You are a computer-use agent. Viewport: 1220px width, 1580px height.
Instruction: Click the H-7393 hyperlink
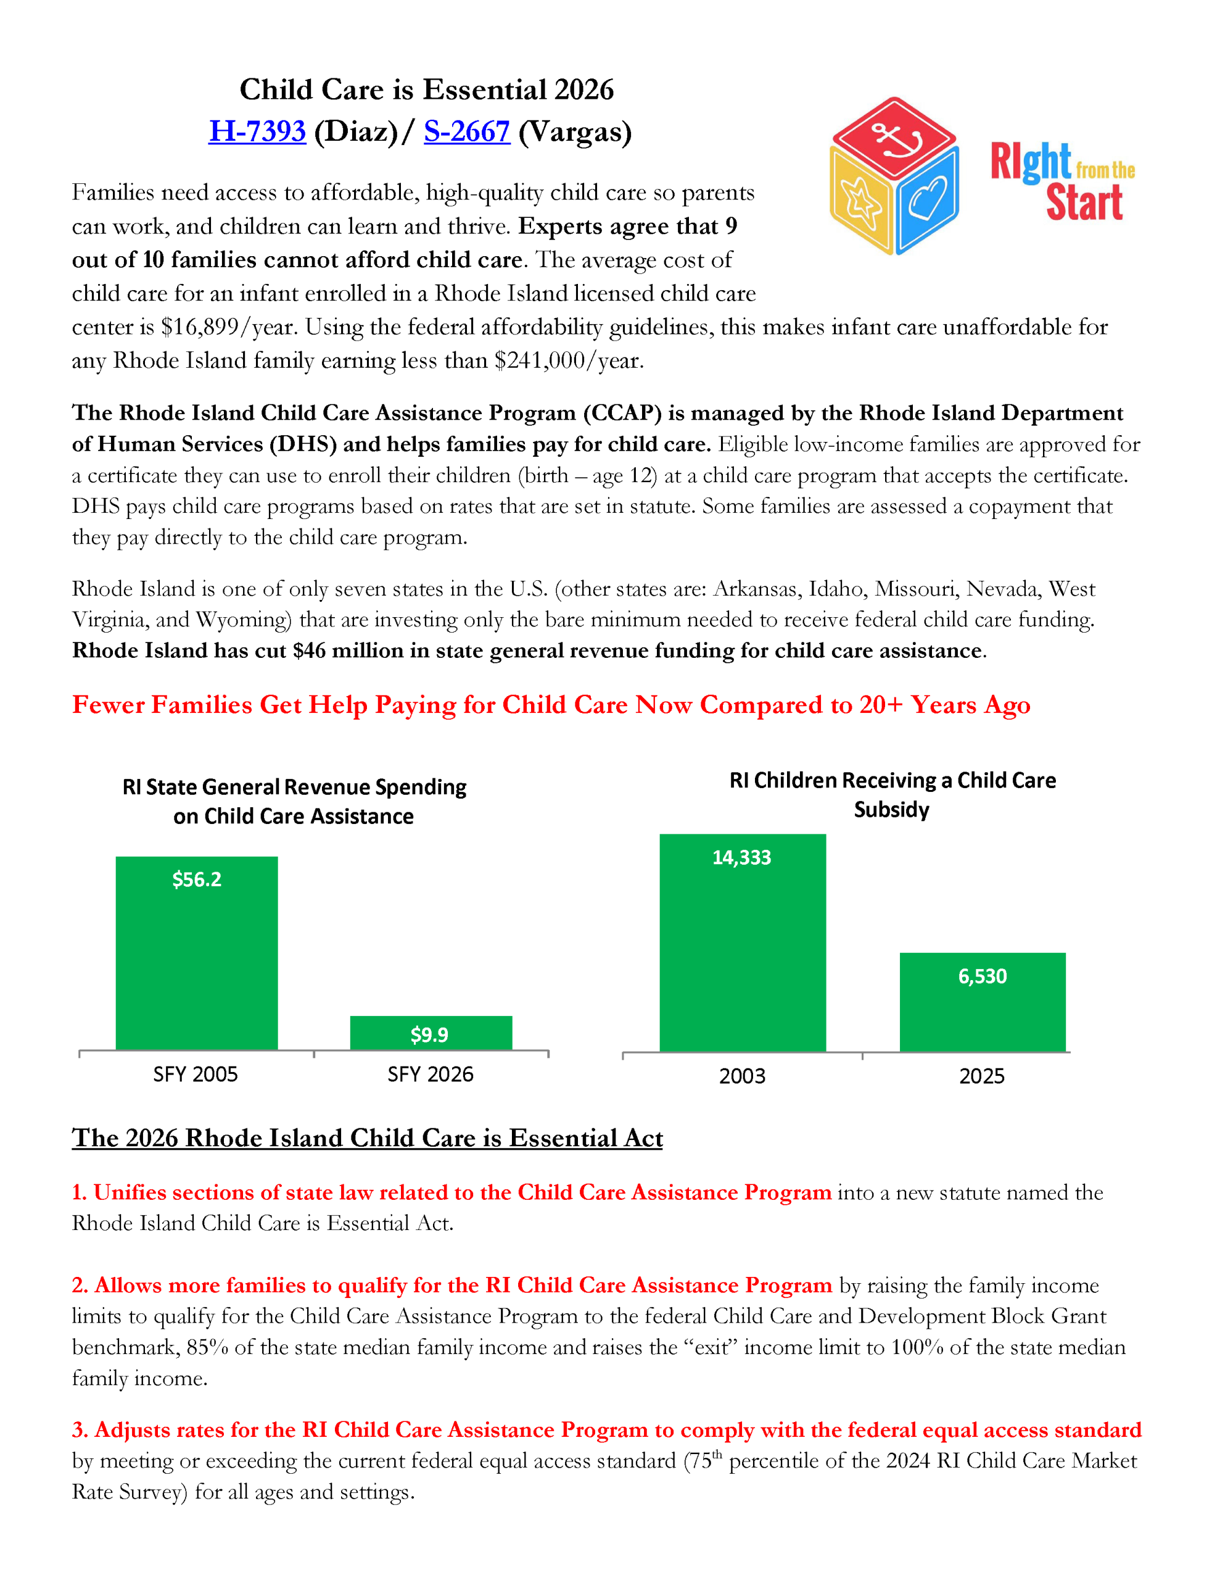click(257, 131)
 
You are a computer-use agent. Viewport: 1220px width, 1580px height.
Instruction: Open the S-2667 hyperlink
click(466, 131)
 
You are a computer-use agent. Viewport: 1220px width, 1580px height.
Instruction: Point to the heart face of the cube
click(928, 198)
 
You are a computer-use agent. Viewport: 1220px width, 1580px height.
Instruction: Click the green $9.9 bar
click(431, 1033)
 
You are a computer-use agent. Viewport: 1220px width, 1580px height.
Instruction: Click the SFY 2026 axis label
click(431, 1075)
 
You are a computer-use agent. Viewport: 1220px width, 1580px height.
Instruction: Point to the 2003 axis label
click(742, 1076)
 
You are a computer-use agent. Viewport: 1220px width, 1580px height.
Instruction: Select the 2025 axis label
click(981, 1076)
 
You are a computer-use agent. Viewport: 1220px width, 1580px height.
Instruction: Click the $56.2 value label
click(197, 879)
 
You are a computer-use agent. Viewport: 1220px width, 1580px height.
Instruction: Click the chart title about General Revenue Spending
click(294, 802)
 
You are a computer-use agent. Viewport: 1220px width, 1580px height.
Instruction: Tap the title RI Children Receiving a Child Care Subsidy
click(892, 794)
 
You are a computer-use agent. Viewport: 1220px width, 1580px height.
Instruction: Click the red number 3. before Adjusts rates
click(80, 1430)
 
